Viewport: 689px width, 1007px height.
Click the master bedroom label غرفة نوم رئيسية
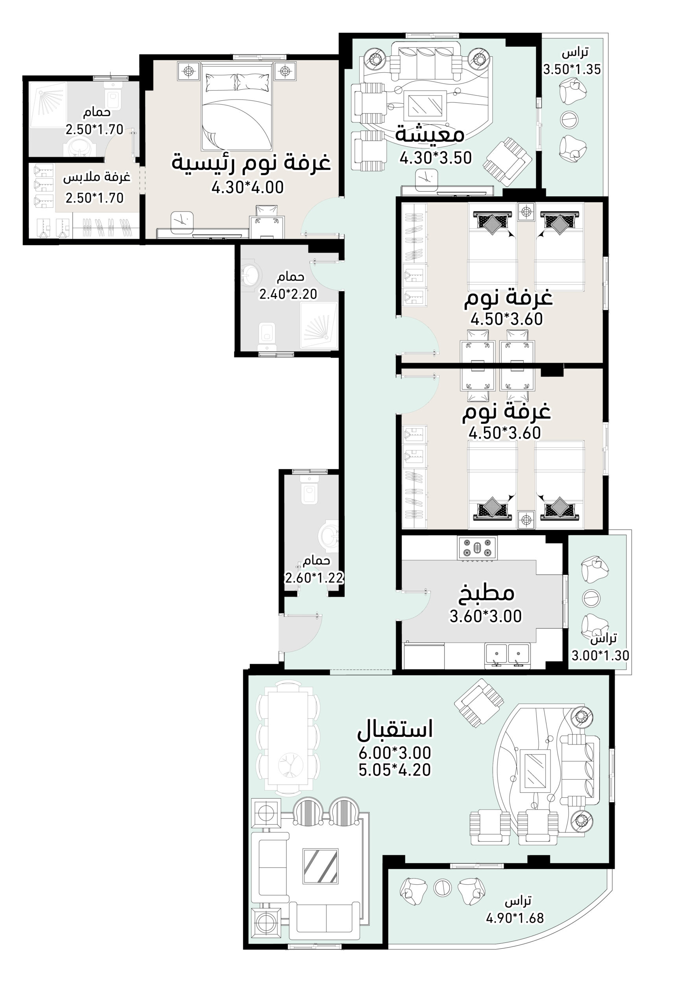pos(251,162)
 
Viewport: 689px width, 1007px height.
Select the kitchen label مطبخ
pos(486,594)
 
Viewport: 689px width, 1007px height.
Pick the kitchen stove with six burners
pos(477,548)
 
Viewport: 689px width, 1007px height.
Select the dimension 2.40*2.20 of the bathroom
pos(288,294)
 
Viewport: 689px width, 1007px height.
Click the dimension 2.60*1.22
pos(314,578)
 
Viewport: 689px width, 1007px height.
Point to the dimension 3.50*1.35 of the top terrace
pos(573,69)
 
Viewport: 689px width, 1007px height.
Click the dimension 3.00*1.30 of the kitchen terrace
pos(600,656)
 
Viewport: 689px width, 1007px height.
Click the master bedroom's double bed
pos(236,106)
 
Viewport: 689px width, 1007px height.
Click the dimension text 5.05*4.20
pos(395,770)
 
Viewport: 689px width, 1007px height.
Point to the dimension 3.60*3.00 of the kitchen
pos(486,616)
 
